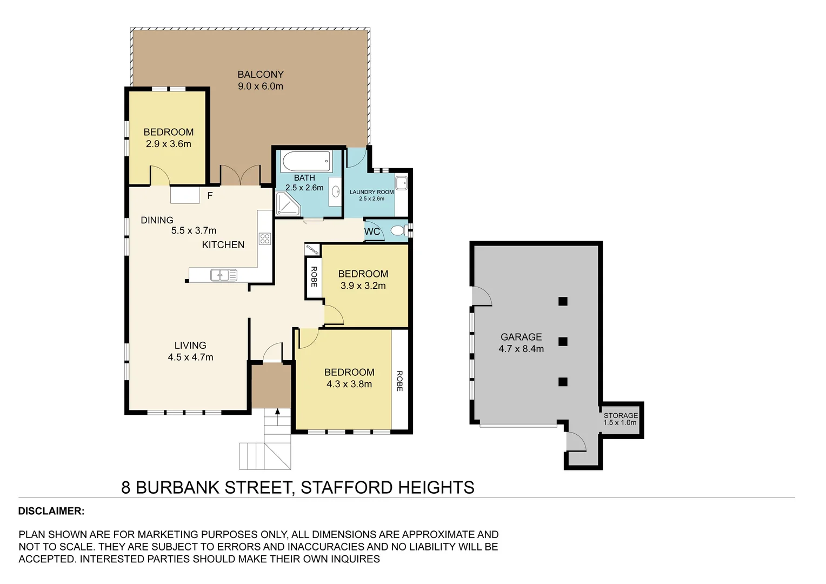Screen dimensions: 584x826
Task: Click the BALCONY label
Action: (x=261, y=75)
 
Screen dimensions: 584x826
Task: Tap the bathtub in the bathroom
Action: (x=305, y=161)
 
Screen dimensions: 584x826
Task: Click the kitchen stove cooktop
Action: (x=264, y=238)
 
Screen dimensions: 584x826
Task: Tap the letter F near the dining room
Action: (x=210, y=196)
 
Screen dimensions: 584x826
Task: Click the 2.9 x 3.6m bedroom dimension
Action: (x=168, y=144)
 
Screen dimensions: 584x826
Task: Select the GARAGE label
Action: (x=521, y=337)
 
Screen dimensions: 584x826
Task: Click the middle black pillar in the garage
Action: (x=563, y=342)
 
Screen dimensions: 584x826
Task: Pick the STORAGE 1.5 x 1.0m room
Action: (x=621, y=420)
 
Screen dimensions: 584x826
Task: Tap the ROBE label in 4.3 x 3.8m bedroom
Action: (x=399, y=381)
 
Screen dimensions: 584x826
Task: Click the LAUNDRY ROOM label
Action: (x=371, y=192)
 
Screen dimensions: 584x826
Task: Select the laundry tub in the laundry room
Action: (x=401, y=183)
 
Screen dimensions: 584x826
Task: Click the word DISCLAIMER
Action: (x=51, y=511)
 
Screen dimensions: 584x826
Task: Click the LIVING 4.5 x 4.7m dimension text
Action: (x=190, y=357)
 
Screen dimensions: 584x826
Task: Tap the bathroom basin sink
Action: (x=335, y=191)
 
